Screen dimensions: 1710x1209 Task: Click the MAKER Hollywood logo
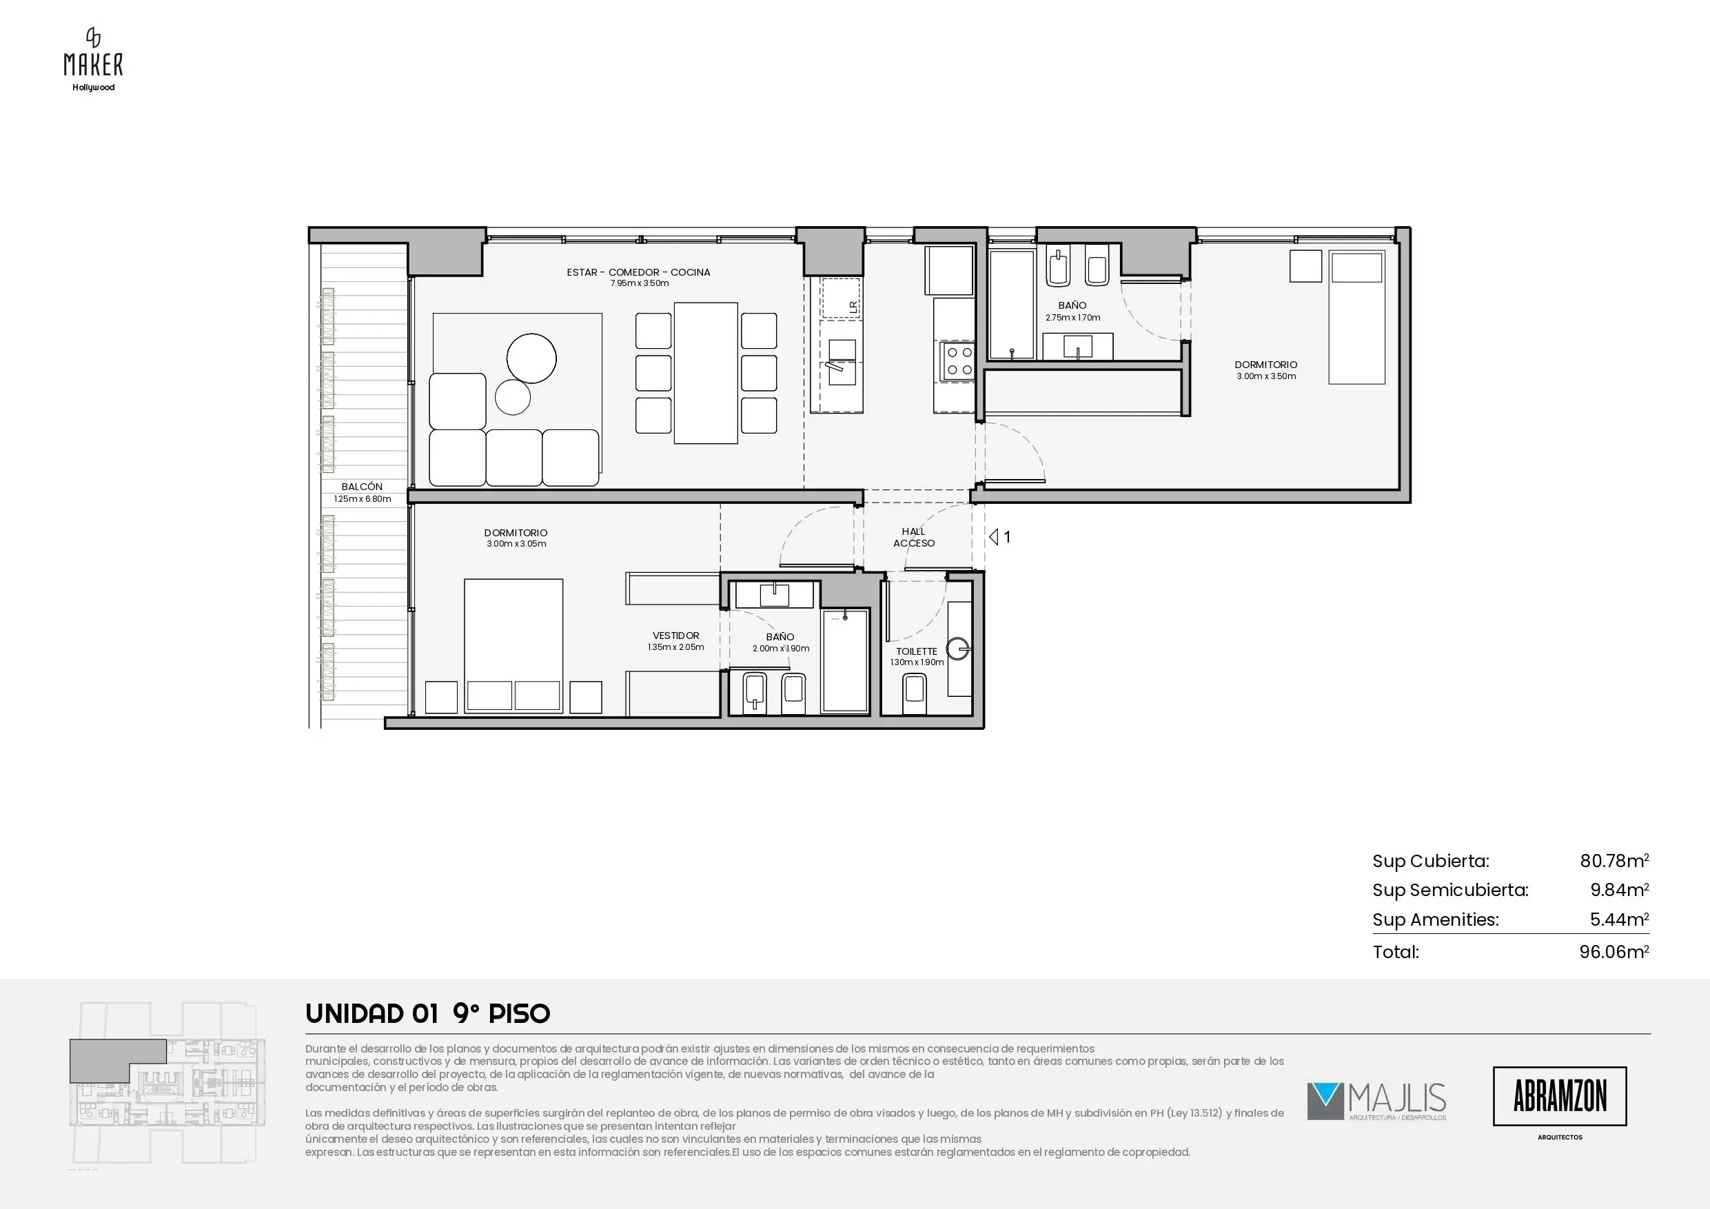pyautogui.click(x=93, y=59)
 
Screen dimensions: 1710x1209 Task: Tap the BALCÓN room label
pyautogui.click(x=362, y=487)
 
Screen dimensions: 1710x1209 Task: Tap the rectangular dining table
pyautogui.click(x=706, y=372)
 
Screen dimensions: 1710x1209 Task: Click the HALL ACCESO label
pyautogui.click(x=914, y=537)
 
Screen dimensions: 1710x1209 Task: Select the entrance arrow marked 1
pyautogui.click(x=999, y=536)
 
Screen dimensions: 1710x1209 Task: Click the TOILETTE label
pyautogui.click(x=917, y=651)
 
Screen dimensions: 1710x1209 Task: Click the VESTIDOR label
pyautogui.click(x=675, y=636)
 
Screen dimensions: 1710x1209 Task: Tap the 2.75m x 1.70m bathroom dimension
pyautogui.click(x=1072, y=317)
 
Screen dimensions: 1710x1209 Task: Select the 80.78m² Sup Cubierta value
pyautogui.click(x=1614, y=861)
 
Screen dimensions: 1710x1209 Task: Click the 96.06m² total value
pyautogui.click(x=1614, y=951)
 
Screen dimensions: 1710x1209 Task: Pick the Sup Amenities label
pyautogui.click(x=1435, y=920)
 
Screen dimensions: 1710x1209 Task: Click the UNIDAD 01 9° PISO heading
pyautogui.click(x=427, y=1013)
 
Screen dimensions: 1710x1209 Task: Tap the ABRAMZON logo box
pyautogui.click(x=1560, y=1096)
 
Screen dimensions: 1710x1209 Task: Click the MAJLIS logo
pyautogui.click(x=1376, y=1101)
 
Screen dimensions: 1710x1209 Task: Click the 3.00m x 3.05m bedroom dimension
pyautogui.click(x=516, y=544)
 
